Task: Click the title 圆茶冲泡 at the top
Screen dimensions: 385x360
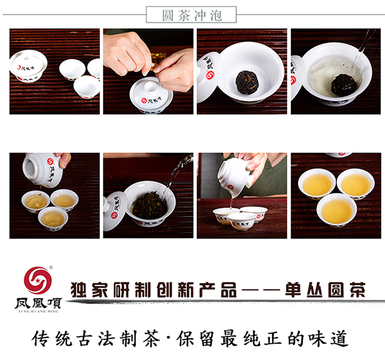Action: coord(192,15)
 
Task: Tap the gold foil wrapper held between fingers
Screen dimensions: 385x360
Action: coord(158,61)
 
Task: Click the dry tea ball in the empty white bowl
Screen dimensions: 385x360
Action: coord(245,82)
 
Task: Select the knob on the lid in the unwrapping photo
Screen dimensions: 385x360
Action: coord(150,87)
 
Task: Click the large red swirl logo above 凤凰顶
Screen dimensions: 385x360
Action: coord(38,280)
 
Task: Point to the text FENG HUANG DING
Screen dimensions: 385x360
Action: coord(38,311)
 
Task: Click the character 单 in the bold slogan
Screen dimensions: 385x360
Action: coord(293,290)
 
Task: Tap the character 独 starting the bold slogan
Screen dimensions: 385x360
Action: coord(79,290)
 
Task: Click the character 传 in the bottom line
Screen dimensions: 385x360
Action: coord(40,338)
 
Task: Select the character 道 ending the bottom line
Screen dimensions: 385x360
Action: coord(339,338)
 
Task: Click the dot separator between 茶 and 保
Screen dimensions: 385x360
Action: coord(168,338)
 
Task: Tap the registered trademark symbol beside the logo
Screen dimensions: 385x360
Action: coord(51,267)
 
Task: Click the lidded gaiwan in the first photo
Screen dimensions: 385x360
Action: coord(28,66)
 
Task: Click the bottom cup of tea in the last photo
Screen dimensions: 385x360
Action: coord(337,210)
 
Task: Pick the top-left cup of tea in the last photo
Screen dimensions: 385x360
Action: coord(317,185)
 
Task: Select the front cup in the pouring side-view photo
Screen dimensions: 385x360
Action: coord(242,221)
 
